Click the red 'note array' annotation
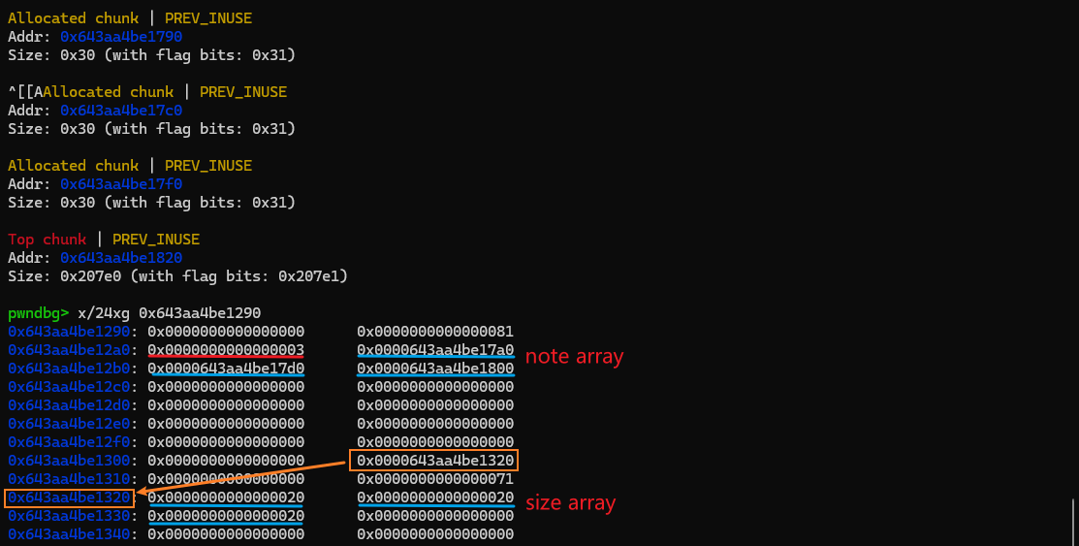click(x=574, y=357)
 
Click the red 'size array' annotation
click(x=570, y=503)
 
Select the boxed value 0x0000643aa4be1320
click(x=435, y=460)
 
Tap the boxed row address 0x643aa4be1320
click(x=69, y=498)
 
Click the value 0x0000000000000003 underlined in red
click(x=226, y=350)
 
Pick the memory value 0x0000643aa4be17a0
click(x=435, y=350)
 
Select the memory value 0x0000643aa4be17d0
click(x=226, y=369)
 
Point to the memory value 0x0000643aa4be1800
click(x=435, y=369)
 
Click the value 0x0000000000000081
click(x=435, y=332)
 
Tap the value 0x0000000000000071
click(x=435, y=479)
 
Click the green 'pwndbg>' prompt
click(x=38, y=313)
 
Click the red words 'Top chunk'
click(x=47, y=240)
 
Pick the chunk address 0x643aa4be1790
click(x=121, y=37)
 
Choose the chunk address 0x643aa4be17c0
click(x=121, y=111)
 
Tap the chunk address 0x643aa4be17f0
click(x=121, y=184)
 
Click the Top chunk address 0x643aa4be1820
click(x=121, y=258)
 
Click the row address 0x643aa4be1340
click(x=69, y=534)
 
